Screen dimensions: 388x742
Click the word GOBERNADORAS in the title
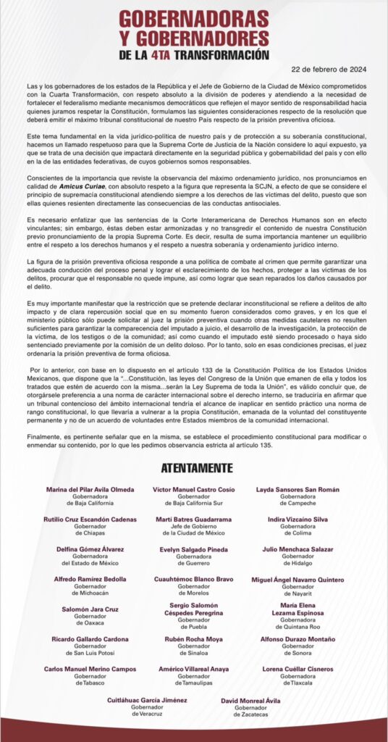193,18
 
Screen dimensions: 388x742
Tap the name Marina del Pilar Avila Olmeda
90,490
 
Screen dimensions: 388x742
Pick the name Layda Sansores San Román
298,490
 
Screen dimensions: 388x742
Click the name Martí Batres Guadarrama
193,520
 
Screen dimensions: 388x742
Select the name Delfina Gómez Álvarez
90,549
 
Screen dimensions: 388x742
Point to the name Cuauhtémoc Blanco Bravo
193,579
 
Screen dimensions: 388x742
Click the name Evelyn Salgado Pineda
193,549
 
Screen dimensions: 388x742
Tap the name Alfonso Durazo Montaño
298,639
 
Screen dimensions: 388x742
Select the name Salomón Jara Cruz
90,609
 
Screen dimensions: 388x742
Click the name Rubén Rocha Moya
193,639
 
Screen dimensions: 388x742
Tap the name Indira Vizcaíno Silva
298,520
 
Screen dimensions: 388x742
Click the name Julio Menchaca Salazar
298,549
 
